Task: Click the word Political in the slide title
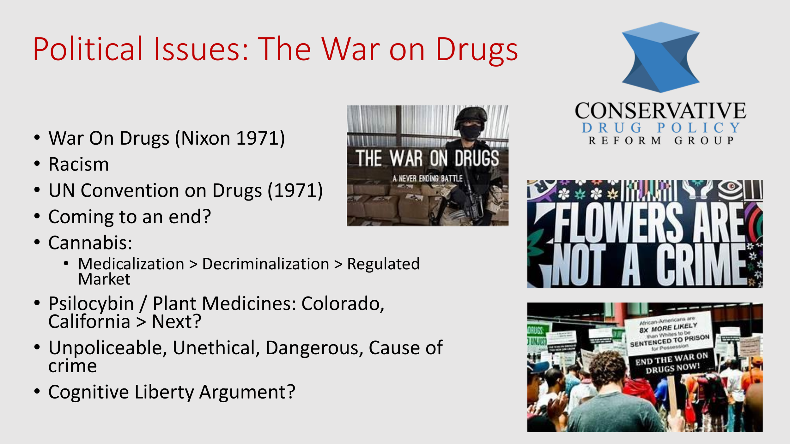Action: [88, 50]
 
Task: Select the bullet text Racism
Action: [79, 165]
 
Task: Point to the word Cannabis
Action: [90, 243]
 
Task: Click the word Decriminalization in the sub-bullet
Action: [265, 264]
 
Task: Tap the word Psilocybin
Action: [91, 304]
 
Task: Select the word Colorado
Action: [343, 304]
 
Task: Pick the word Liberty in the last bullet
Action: [164, 392]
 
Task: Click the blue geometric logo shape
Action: [660, 57]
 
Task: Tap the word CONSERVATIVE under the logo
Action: [660, 111]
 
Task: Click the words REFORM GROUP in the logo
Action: [660, 141]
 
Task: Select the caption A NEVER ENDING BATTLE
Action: [427, 179]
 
